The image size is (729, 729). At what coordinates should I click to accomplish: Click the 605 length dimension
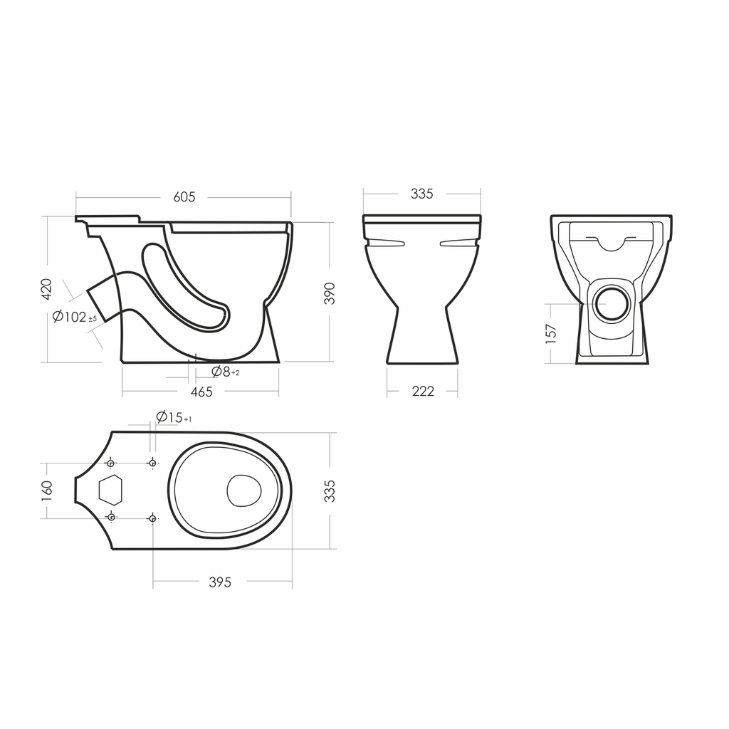coord(184,197)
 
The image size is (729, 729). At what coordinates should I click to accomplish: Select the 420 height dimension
coord(46,289)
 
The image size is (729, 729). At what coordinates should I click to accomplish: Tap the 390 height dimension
coord(329,293)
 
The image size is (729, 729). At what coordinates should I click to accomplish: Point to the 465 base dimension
coord(201,392)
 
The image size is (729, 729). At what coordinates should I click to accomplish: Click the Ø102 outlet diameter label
coord(75,317)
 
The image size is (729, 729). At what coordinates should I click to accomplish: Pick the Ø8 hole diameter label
coord(226,372)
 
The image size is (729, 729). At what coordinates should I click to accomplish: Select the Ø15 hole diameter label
coord(174,417)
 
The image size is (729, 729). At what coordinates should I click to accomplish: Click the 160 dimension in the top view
coord(46,491)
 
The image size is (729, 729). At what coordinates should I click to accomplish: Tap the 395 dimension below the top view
coord(220,582)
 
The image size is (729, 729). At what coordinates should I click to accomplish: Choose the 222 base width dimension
coord(423,392)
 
